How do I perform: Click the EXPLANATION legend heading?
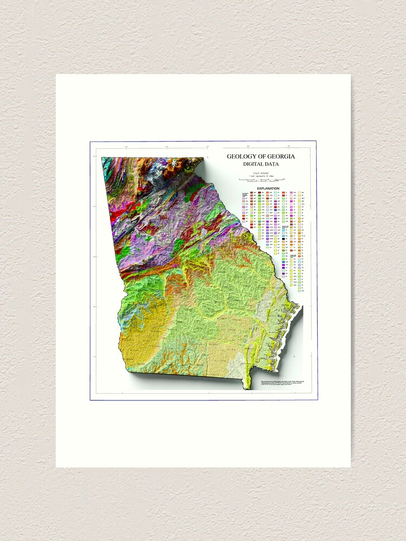pos(264,188)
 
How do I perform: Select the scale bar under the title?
pos(262,180)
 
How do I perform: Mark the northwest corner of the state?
pos(102,158)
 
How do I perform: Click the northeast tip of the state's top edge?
pos(204,158)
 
